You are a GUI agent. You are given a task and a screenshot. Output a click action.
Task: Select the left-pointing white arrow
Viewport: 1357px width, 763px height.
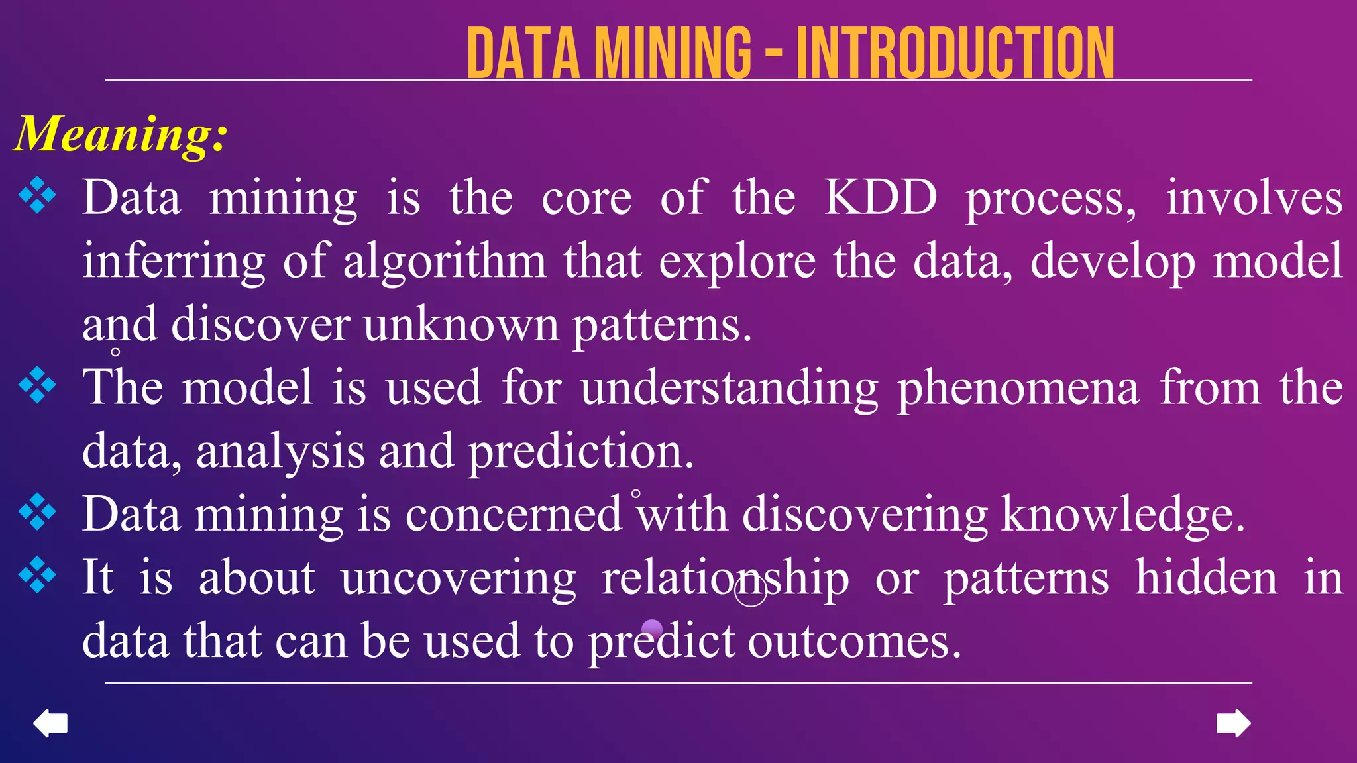[50, 723]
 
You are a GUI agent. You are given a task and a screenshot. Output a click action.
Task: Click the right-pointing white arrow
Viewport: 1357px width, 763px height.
[1233, 723]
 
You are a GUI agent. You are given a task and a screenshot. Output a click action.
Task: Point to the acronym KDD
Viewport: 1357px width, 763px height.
[880, 197]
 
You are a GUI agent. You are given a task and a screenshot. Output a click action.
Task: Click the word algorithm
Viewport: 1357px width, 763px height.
[445, 261]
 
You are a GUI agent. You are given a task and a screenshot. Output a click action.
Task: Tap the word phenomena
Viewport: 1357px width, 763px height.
[1018, 387]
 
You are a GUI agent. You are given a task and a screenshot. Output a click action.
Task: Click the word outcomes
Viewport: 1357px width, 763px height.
[854, 641]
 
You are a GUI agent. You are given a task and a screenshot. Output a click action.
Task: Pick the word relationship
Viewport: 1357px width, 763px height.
[725, 578]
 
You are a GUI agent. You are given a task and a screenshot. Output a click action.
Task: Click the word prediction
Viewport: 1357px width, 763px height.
[580, 452]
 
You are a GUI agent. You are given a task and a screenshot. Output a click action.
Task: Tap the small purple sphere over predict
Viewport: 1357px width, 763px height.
[652, 629]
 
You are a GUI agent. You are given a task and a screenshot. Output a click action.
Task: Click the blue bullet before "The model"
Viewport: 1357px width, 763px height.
[38, 385]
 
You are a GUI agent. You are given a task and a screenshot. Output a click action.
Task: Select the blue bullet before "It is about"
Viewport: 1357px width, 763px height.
[38, 575]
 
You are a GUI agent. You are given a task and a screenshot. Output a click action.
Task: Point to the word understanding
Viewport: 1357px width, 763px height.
[729, 387]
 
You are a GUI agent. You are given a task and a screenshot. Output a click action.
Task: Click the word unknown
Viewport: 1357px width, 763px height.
[461, 325]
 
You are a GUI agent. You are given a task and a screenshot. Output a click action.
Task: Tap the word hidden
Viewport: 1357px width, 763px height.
[1206, 578]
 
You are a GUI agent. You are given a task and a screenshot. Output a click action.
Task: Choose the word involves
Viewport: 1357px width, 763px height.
[1254, 197]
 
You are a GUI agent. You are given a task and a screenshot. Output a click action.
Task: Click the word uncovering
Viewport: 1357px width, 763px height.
[458, 578]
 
